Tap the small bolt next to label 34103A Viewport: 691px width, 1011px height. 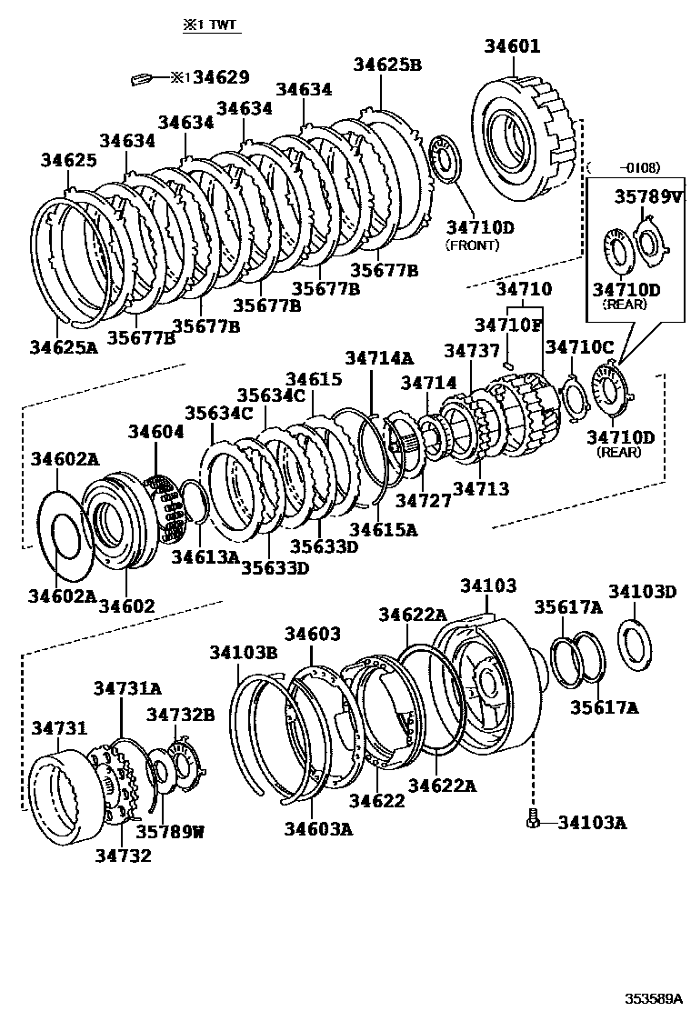click(534, 820)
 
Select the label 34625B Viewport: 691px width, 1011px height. click(387, 65)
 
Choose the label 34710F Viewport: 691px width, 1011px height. click(507, 325)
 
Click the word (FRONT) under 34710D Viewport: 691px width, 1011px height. click(472, 245)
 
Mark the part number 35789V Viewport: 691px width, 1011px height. click(646, 196)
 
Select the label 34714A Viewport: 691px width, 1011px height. click(378, 358)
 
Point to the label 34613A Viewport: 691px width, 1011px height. click(205, 556)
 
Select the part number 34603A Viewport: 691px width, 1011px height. click(317, 828)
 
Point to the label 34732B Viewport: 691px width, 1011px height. click(181, 716)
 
